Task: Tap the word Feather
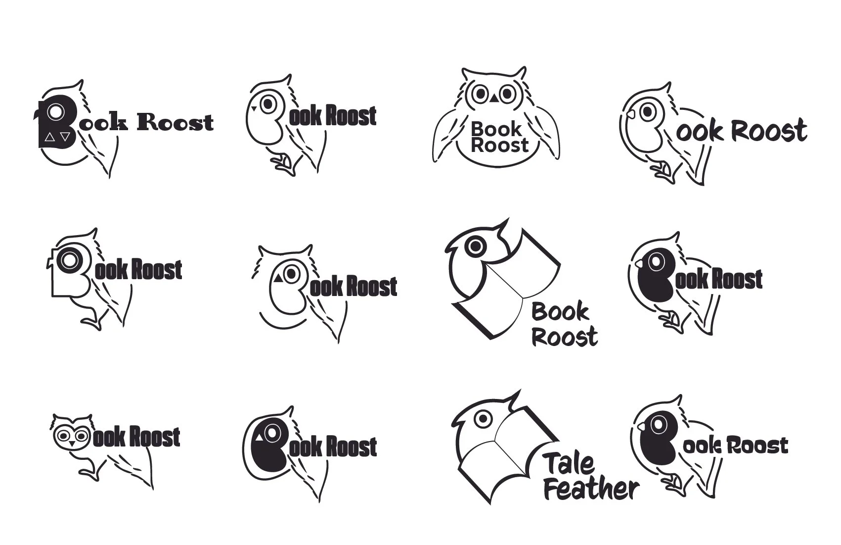[x=591, y=489]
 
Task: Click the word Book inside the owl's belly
[x=496, y=129]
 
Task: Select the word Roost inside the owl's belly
[x=500, y=145]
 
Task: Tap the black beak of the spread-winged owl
[x=493, y=99]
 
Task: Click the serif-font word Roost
[x=174, y=122]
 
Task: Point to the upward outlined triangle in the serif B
[x=49, y=137]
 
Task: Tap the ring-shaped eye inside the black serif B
[x=57, y=112]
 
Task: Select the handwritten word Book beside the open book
[x=560, y=312]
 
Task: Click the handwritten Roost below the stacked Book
[x=565, y=337]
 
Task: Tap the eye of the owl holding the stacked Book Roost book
[x=476, y=245]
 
